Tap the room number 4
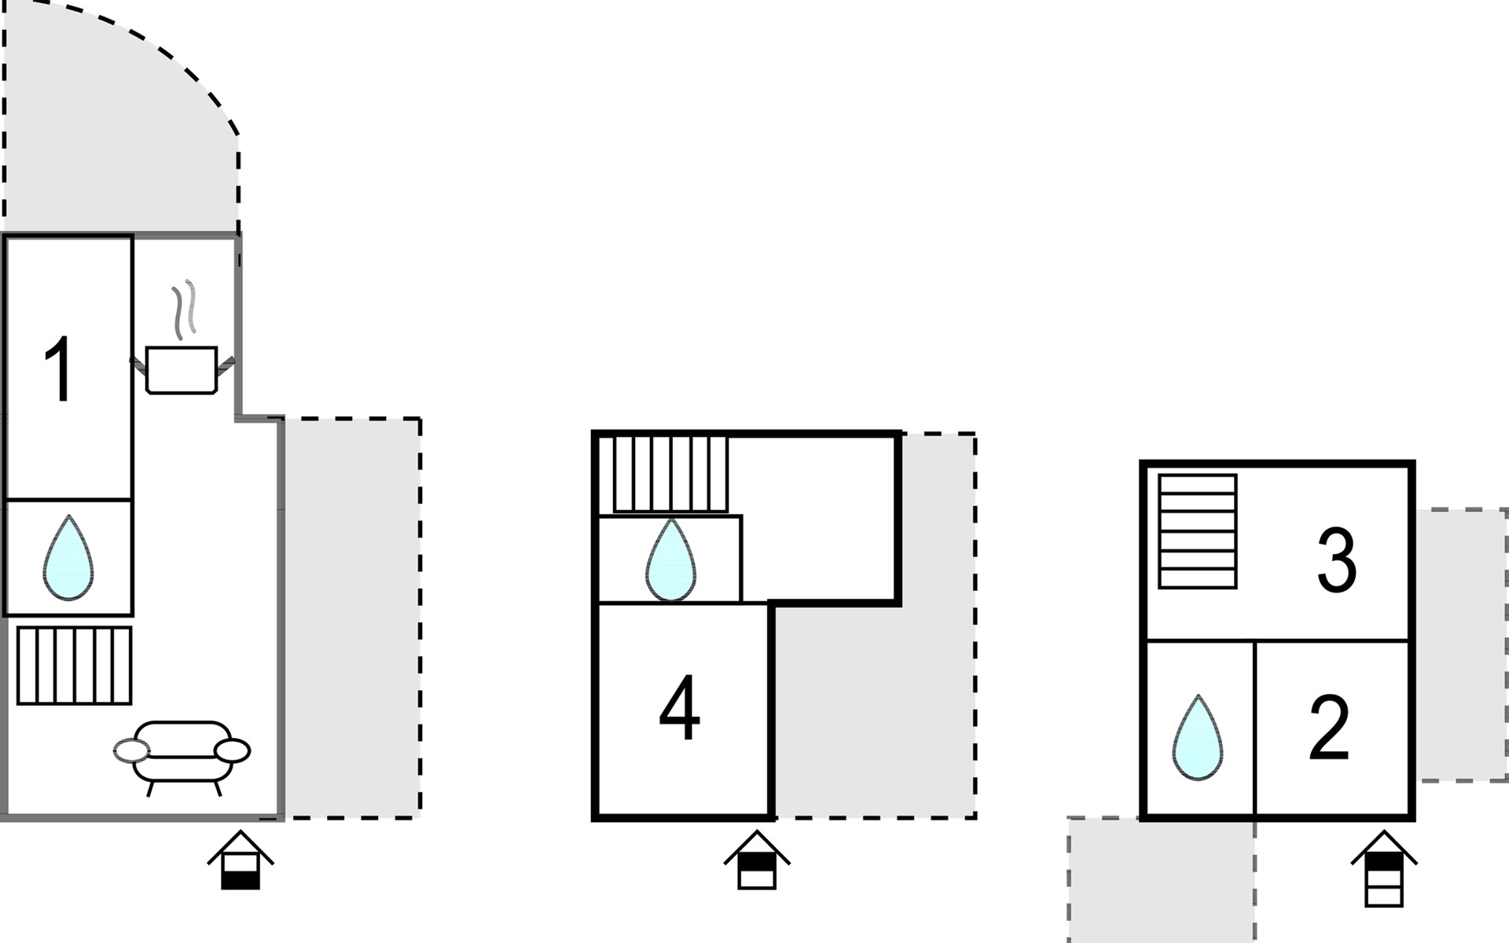(x=679, y=708)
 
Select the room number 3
(x=1336, y=560)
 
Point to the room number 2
(x=1329, y=728)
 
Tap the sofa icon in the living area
(x=182, y=757)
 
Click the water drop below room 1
(x=68, y=557)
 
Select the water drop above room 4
(x=670, y=559)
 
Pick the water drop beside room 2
(x=1198, y=737)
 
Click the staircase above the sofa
(x=75, y=665)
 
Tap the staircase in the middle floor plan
(x=670, y=474)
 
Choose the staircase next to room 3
(x=1198, y=531)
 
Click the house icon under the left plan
(x=240, y=860)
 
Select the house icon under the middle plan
(x=757, y=860)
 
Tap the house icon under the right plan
(x=1384, y=868)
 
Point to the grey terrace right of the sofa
(x=352, y=618)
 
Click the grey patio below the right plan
(x=1161, y=880)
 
